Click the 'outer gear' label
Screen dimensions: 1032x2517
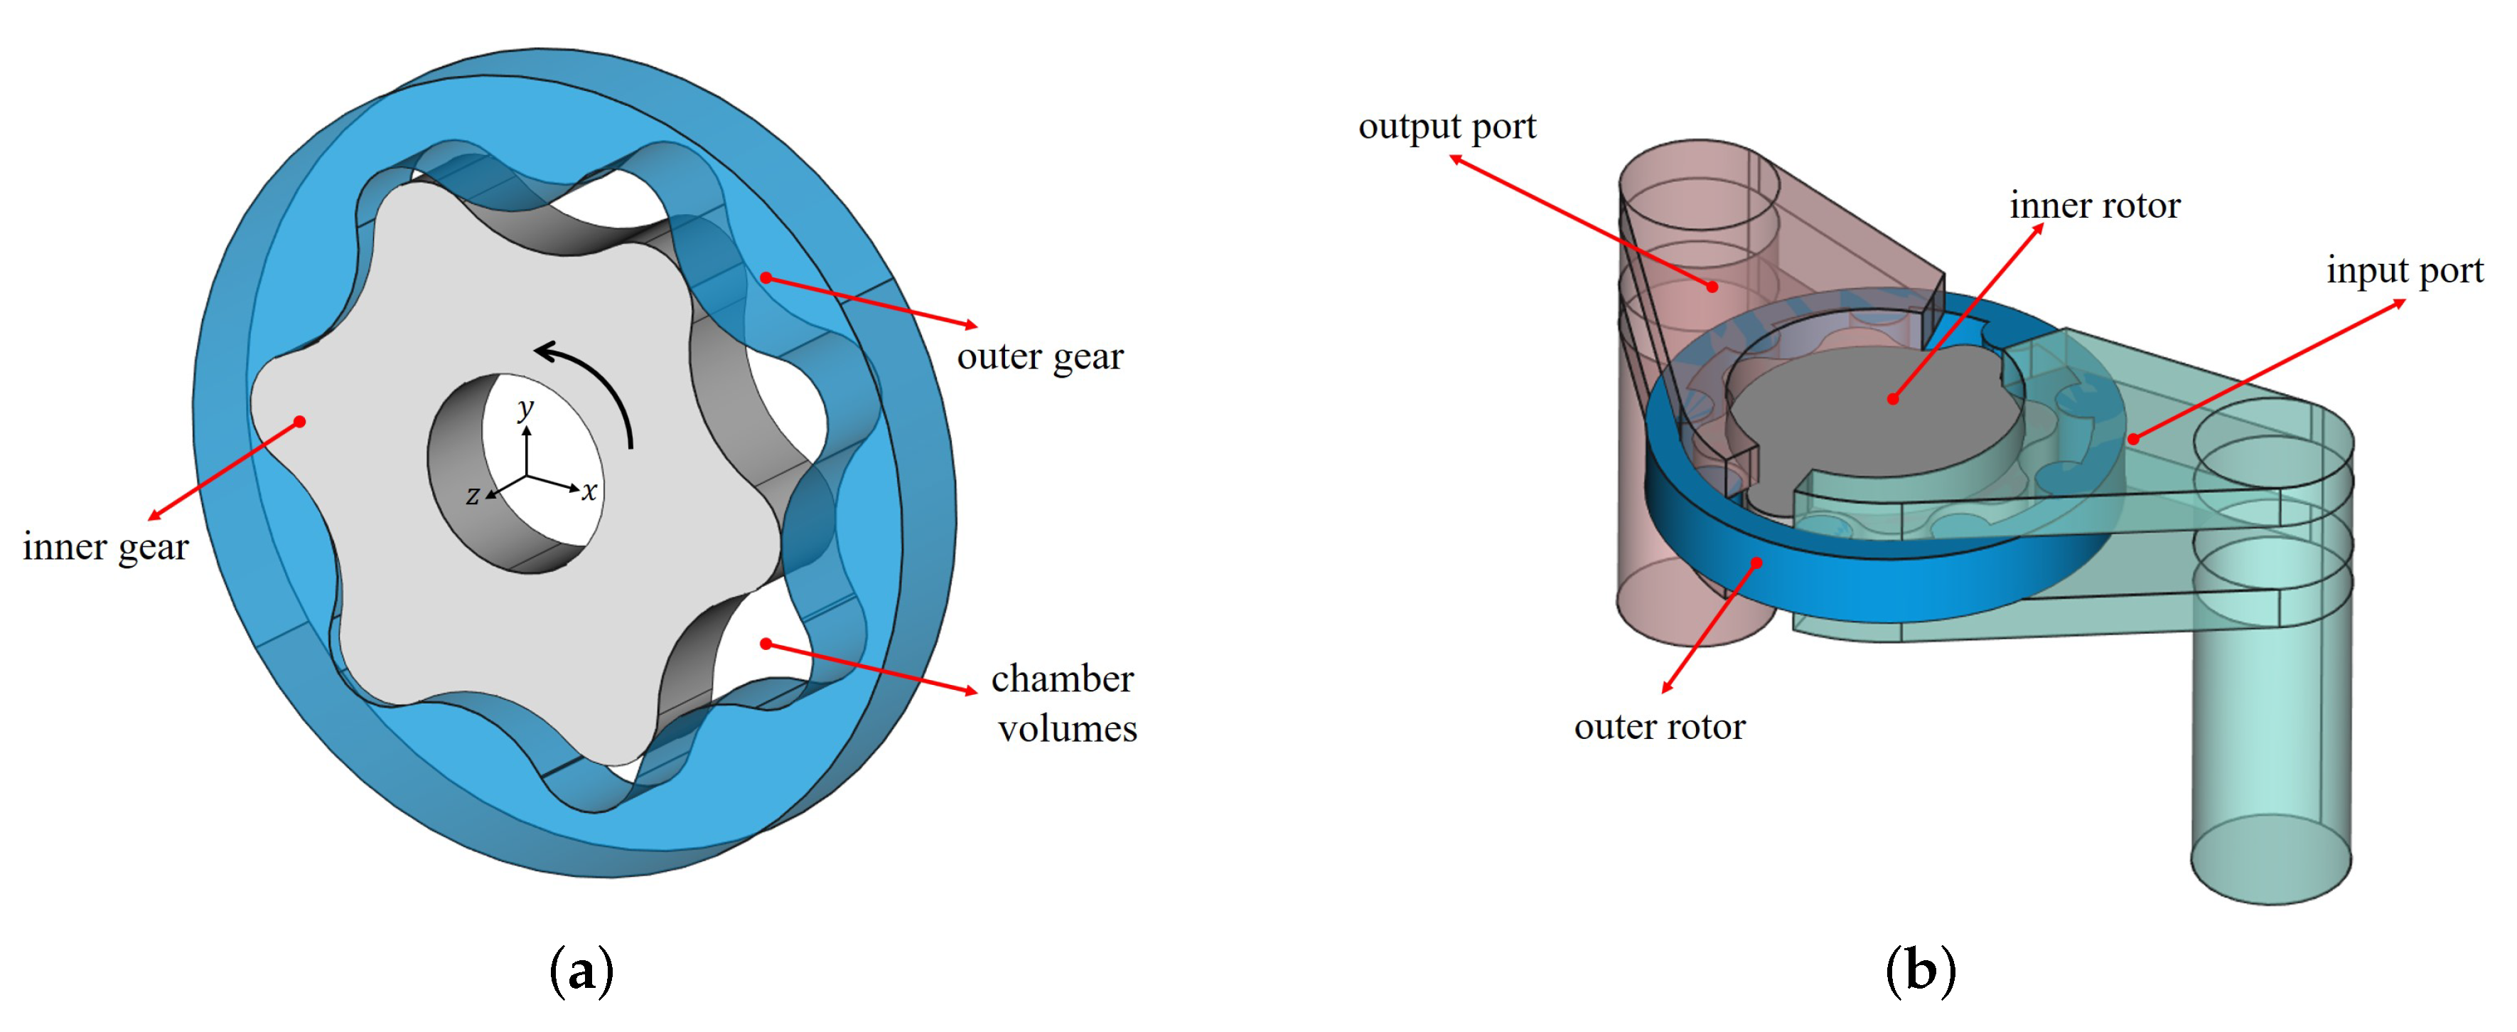[1040, 357]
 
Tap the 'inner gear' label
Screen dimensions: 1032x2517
[105, 546]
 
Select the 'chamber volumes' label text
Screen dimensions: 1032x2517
[1064, 703]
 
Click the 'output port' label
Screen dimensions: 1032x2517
[1447, 127]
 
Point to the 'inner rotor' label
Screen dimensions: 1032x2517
[2094, 206]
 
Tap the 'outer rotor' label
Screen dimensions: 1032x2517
[1659, 726]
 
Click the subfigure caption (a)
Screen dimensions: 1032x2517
[582, 970]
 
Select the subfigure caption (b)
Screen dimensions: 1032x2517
[1920, 970]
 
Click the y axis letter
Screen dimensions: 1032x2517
[527, 408]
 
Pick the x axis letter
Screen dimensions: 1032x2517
[589, 491]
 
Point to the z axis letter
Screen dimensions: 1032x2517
[473, 496]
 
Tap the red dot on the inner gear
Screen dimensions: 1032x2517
[300, 421]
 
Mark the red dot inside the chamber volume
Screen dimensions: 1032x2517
[766, 644]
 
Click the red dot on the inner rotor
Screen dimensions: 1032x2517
[1893, 399]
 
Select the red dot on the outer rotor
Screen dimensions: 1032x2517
[1756, 563]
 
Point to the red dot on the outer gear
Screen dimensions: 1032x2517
[766, 279]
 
